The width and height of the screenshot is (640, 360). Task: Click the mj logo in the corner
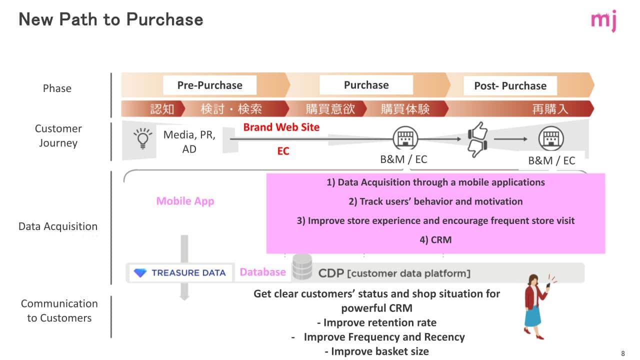(603, 20)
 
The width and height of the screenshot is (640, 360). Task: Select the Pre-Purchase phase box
(209, 85)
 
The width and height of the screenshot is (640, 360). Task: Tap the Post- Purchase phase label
(510, 85)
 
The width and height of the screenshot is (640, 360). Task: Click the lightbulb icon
(142, 138)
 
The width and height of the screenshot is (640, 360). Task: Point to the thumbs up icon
(477, 131)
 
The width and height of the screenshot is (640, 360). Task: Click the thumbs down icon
(477, 148)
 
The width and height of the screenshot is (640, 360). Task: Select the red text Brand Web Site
(281, 127)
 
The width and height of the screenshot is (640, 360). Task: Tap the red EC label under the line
(283, 151)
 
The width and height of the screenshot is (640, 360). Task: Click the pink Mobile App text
(185, 201)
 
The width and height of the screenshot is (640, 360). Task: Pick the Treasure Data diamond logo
(140, 273)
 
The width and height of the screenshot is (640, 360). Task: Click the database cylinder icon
(302, 267)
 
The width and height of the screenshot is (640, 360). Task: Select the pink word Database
(263, 272)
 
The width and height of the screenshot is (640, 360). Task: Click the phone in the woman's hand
(548, 285)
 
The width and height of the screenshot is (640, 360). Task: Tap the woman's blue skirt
(533, 315)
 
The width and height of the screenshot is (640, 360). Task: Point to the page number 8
(623, 353)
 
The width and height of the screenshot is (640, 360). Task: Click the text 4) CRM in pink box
(435, 239)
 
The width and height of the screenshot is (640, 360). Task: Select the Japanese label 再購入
(550, 109)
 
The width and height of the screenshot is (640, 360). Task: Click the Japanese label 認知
(162, 109)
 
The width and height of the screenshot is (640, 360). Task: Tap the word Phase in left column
(57, 88)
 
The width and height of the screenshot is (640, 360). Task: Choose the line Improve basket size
(377, 351)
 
